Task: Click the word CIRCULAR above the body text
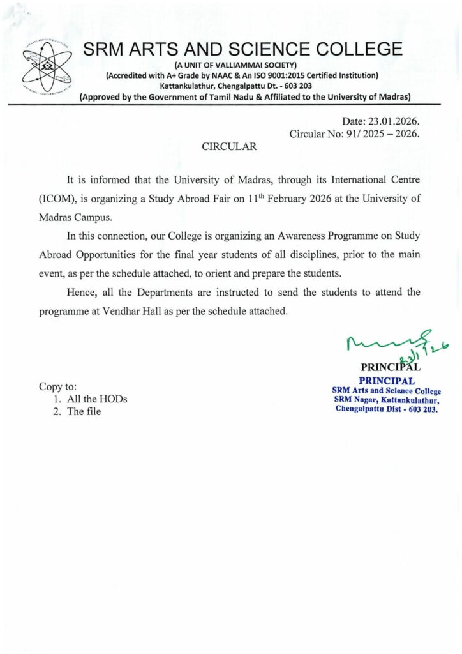click(x=229, y=146)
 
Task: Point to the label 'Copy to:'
click(x=58, y=386)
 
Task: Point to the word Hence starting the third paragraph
click(x=81, y=293)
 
